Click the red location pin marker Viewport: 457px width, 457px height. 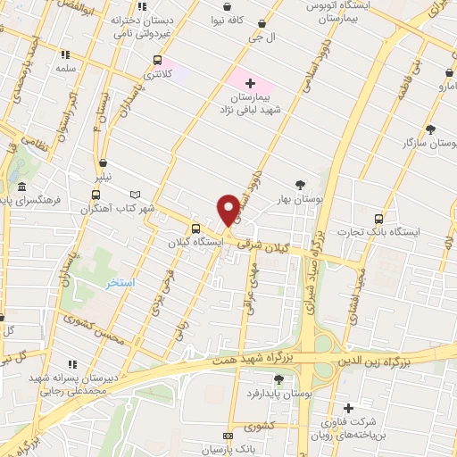tap(228, 209)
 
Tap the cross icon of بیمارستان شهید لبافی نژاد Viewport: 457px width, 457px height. tap(249, 82)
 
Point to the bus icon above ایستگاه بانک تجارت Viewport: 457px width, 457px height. tap(380, 218)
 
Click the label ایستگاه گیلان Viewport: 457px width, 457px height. tap(199, 242)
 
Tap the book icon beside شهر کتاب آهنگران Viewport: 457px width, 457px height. tap(136, 195)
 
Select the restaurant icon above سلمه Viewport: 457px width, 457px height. tap(62, 54)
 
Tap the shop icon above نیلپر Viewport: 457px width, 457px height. tap(104, 163)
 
